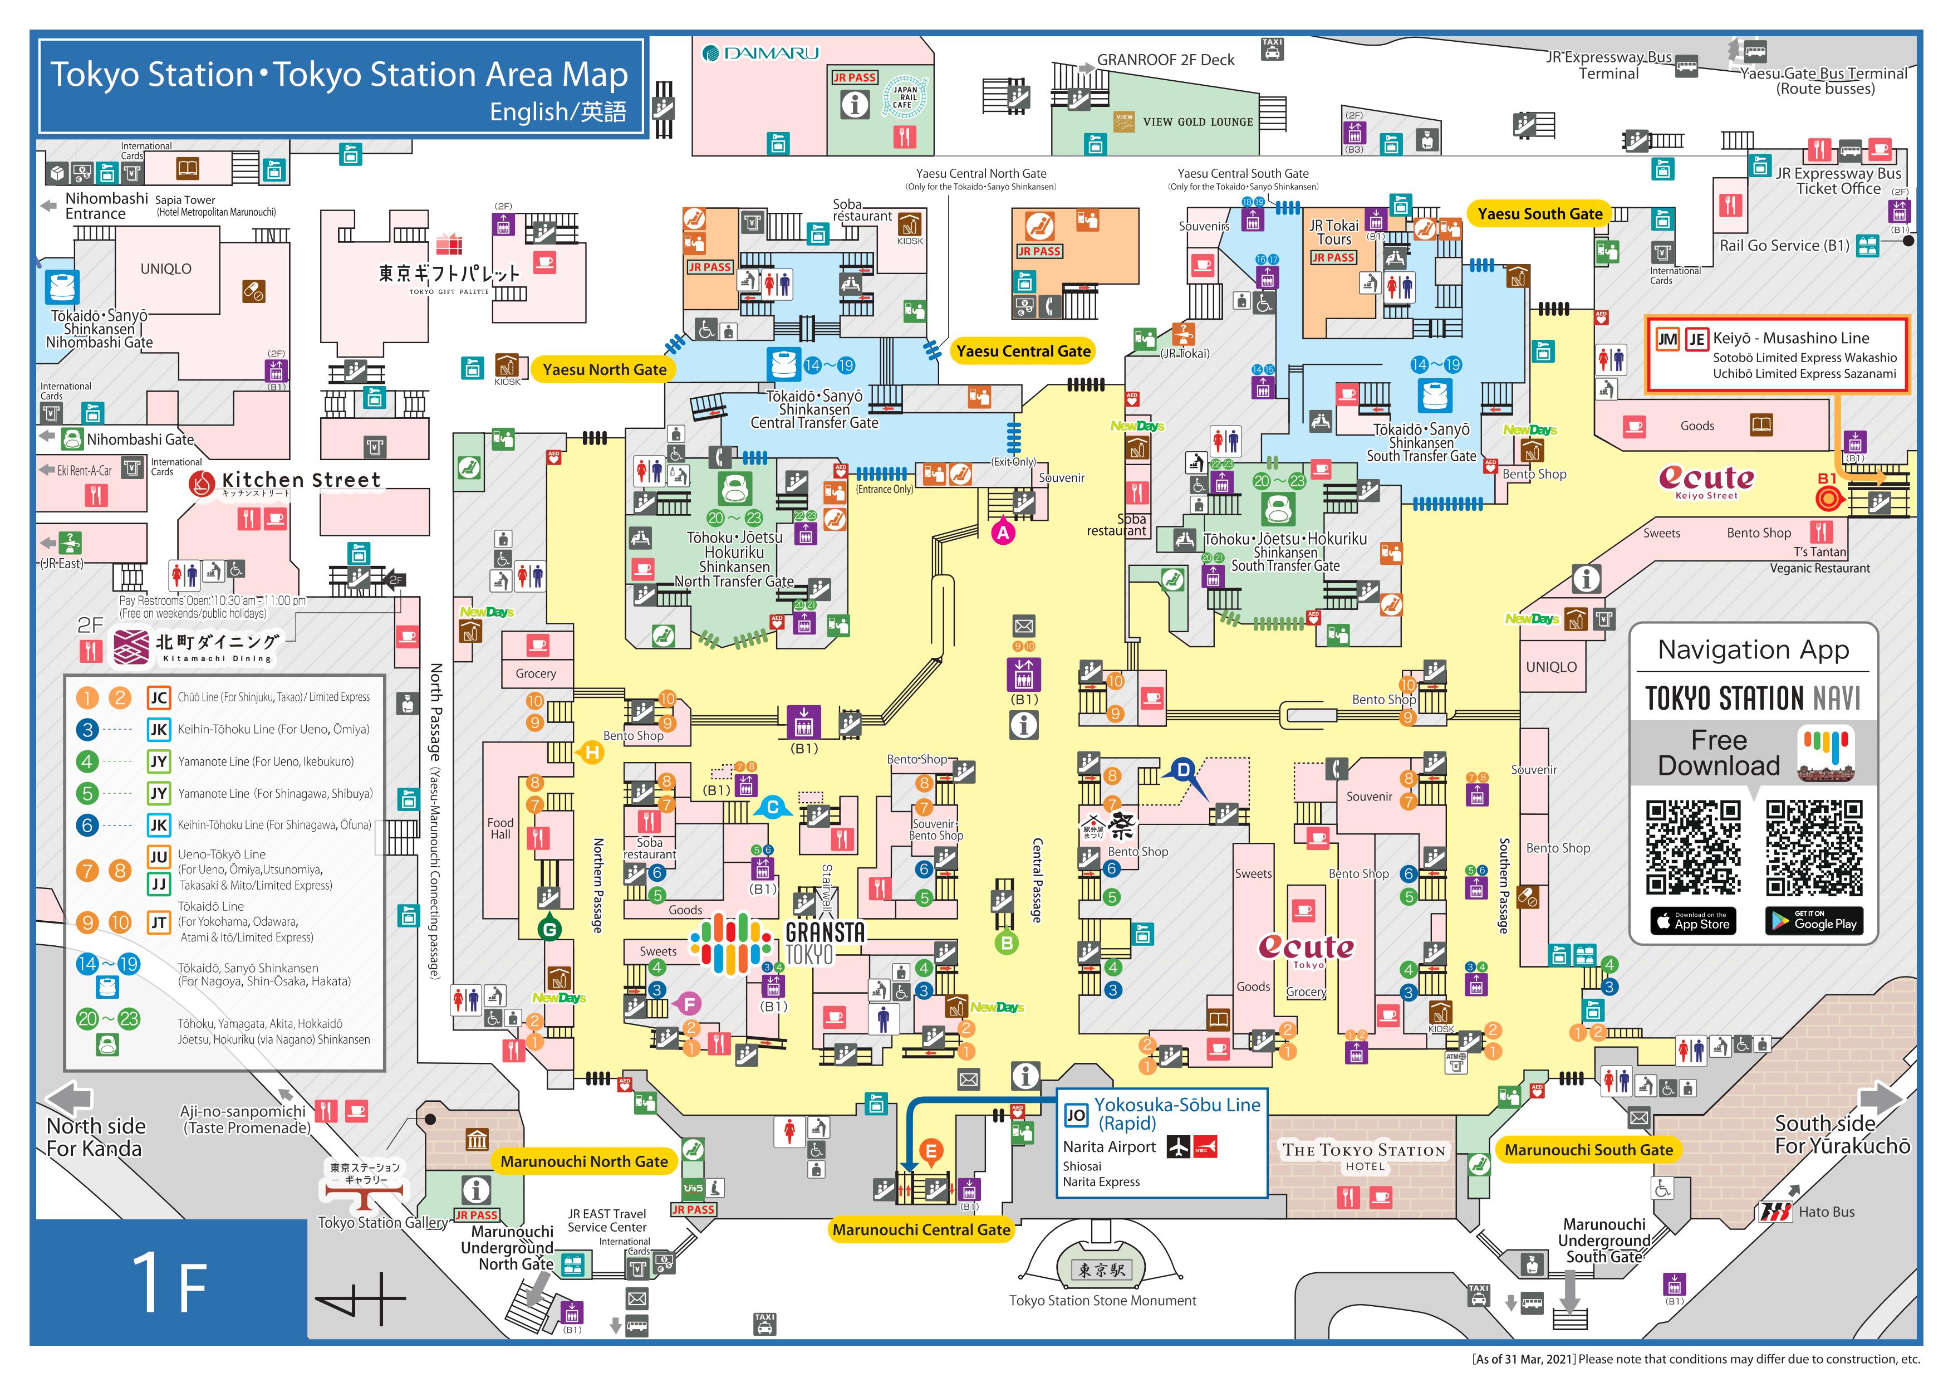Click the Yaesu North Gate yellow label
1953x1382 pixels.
[x=604, y=369]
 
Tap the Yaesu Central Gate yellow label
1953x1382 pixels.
[x=1023, y=350]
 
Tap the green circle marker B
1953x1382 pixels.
[x=1006, y=942]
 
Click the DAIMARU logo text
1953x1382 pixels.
[x=761, y=53]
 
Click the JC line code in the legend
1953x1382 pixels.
[x=158, y=698]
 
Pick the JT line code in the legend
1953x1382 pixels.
[x=158, y=922]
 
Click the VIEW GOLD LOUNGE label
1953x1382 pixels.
[x=1198, y=121]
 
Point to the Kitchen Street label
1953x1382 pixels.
[x=301, y=481]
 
